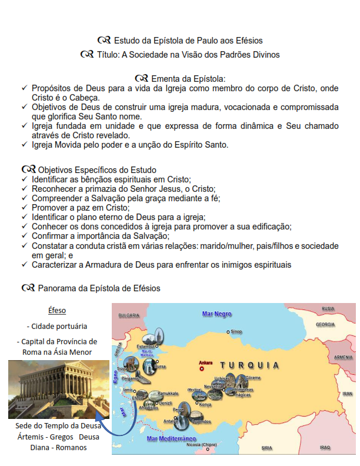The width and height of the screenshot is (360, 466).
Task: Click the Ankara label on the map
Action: pyautogui.click(x=205, y=362)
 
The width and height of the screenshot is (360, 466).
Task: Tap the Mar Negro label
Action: pyautogui.click(x=217, y=314)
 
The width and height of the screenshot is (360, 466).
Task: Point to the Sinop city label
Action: pyautogui.click(x=235, y=332)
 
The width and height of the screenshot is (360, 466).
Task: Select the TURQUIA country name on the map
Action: pyautogui.click(x=250, y=365)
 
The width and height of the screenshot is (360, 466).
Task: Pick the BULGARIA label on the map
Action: pyautogui.click(x=128, y=315)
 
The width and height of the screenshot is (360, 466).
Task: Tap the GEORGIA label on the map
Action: pyautogui.click(x=325, y=325)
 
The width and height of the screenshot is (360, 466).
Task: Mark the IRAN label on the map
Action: pyautogui.click(x=347, y=394)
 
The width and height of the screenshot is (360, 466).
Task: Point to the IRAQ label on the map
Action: pyautogui.click(x=325, y=447)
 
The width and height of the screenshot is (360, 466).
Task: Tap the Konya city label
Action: pyautogui.click(x=205, y=404)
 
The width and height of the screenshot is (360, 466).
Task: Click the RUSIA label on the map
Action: pyautogui.click(x=328, y=308)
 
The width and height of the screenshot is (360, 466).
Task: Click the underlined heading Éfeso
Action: pyautogui.click(x=57, y=310)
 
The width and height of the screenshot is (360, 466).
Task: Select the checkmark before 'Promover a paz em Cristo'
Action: pyautogui.click(x=24, y=208)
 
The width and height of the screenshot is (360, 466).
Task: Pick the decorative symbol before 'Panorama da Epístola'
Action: pyautogui.click(x=28, y=288)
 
